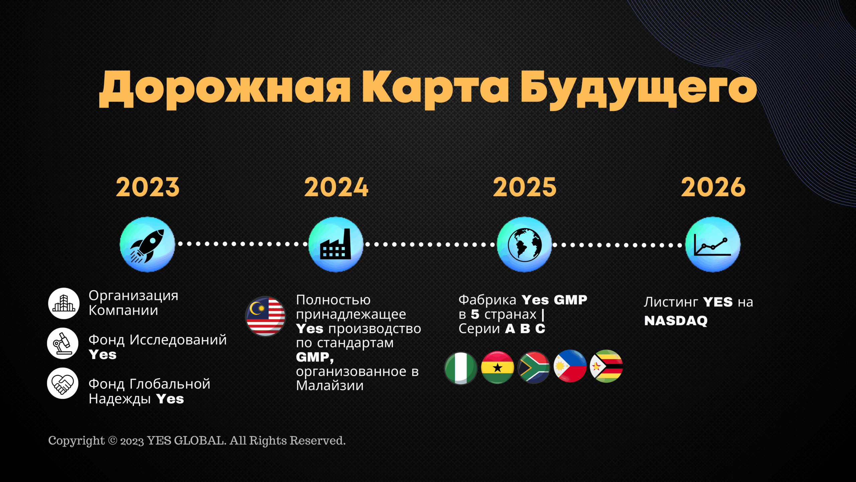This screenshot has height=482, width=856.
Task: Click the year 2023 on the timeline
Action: (148, 187)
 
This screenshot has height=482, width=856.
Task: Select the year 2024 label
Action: (336, 187)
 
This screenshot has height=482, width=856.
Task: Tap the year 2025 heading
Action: (525, 187)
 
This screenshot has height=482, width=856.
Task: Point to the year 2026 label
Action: (713, 187)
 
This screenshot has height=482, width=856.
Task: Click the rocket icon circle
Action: (147, 244)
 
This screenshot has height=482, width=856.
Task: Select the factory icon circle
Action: (336, 244)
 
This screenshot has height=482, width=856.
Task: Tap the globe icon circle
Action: (524, 244)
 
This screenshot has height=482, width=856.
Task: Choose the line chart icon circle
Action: (713, 244)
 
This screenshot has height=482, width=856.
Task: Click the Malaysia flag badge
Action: (265, 316)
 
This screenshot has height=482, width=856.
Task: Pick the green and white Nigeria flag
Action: (460, 368)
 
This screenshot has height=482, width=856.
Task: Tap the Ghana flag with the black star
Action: (497, 367)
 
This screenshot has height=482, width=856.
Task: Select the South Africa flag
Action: (534, 367)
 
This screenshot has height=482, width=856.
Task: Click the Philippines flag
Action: (570, 366)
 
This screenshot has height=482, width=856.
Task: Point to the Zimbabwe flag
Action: (606, 366)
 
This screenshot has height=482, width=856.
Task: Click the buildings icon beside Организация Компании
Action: (64, 303)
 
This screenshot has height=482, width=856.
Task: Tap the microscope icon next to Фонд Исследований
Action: (63, 343)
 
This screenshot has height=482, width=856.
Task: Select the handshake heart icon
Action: (63, 383)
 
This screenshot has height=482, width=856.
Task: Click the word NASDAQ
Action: (676, 321)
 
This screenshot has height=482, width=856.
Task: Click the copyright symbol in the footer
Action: (113, 440)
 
